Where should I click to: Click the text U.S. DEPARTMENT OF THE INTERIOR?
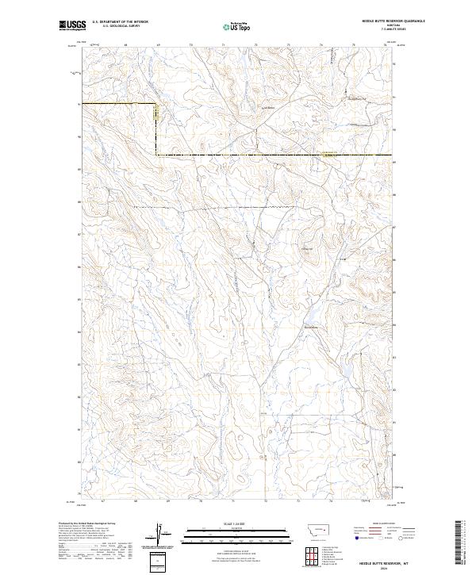[x=120, y=21]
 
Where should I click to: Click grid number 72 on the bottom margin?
[x=265, y=501]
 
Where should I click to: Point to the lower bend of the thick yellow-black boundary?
[x=155, y=154]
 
